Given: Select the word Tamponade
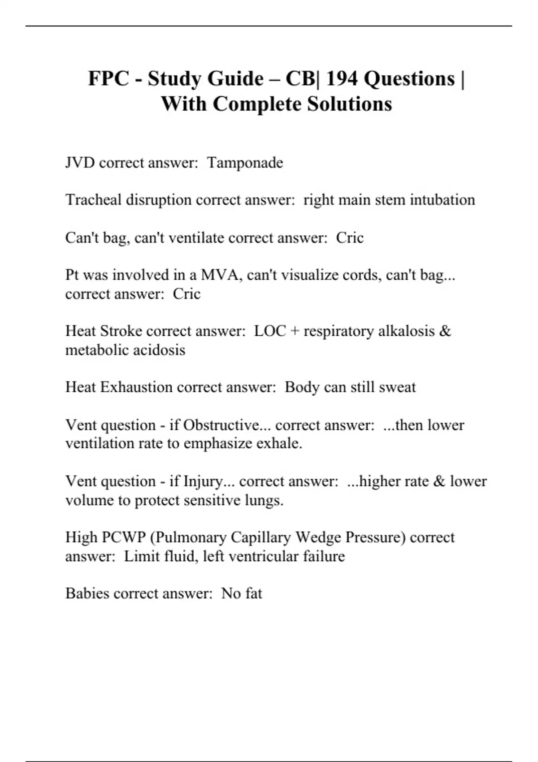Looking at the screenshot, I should [245, 162].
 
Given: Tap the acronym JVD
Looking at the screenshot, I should [80, 162].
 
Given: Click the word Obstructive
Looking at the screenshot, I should [221, 424].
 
